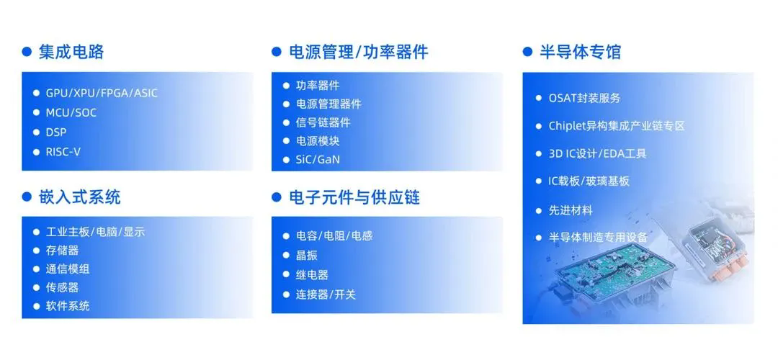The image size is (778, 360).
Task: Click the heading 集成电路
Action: pos(71,52)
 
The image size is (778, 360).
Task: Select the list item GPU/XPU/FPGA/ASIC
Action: pos(102,93)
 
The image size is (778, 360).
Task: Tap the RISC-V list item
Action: pos(63,152)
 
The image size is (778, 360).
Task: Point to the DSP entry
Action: pos(56,132)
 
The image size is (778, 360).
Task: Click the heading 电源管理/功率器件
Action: pos(359,52)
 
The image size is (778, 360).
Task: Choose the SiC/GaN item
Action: pos(318,160)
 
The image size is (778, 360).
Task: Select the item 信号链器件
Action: pos(323,122)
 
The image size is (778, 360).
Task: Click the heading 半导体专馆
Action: pos(580,52)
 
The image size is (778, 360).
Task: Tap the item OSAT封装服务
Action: pos(584,98)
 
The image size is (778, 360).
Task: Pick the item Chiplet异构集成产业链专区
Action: pos(617,126)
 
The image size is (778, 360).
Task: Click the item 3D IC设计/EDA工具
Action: pos(597,153)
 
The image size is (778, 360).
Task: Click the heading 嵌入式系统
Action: pos(80,197)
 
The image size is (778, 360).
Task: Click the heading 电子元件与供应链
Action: pos(354,197)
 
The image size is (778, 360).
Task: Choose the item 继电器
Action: pos(313,275)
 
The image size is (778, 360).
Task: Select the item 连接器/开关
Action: pos(326,294)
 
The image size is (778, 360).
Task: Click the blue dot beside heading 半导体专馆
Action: pos(527,52)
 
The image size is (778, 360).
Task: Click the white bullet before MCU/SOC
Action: pos(36,112)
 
